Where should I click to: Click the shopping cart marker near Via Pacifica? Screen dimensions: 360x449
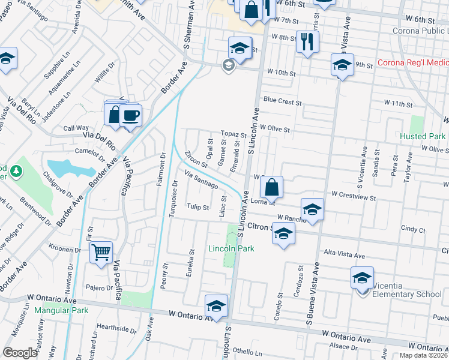(101, 253)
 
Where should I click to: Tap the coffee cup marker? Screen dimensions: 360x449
(130, 115)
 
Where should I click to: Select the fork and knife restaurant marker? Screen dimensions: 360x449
(307, 41)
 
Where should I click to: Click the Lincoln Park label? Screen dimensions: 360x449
(231, 248)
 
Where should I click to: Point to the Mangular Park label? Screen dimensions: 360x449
(61, 310)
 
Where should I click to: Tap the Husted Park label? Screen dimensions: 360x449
(423, 136)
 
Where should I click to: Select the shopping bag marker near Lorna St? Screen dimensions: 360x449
(272, 186)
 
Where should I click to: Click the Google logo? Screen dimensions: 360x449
(20, 353)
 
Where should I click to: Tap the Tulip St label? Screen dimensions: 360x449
(197, 208)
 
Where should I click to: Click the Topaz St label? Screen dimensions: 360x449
(232, 136)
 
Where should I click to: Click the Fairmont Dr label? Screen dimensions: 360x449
(161, 169)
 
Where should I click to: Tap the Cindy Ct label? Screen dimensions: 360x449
(413, 229)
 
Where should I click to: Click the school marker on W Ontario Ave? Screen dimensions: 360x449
(216, 305)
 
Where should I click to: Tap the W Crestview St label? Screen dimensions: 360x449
(354, 197)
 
